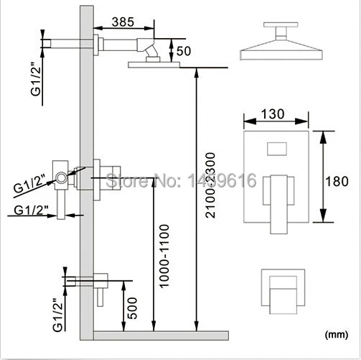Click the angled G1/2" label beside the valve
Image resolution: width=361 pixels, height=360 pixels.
(31, 185)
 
